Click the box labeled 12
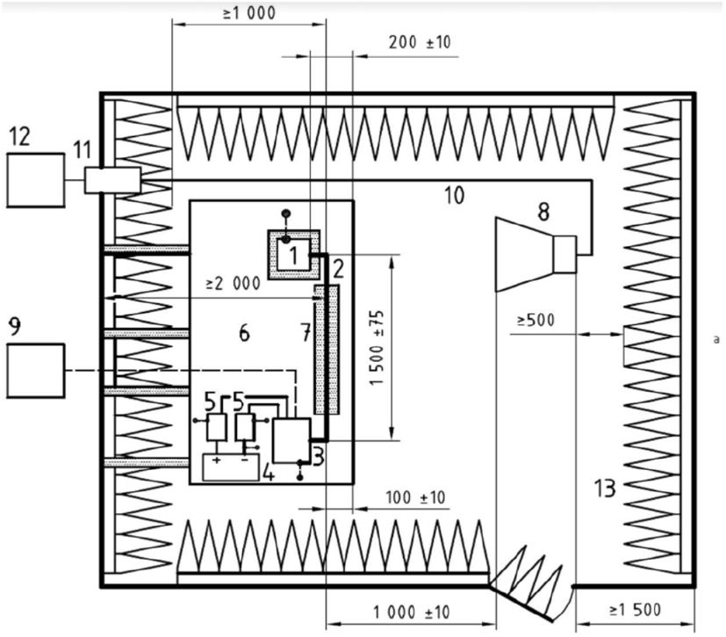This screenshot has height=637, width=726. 36,180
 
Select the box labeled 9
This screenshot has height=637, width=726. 36,371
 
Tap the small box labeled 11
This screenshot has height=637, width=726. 112,180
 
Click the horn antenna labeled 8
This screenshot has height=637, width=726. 536,254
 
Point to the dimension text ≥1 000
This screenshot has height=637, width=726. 249,12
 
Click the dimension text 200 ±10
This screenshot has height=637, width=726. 420,43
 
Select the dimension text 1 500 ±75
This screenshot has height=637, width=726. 377,347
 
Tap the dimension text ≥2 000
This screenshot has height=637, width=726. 234,284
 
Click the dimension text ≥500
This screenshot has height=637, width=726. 536,320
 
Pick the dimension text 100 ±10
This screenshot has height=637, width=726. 415,497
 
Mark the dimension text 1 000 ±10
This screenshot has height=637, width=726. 412,612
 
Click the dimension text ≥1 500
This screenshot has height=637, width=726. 635,610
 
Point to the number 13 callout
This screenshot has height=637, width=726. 605,489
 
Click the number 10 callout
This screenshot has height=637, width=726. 454,196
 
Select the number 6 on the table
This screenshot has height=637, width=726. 244,333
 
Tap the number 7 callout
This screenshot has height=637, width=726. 305,333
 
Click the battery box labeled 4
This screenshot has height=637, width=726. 231,467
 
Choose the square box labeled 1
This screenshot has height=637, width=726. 293,254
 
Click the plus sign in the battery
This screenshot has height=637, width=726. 216,460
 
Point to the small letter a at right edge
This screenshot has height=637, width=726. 716,339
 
